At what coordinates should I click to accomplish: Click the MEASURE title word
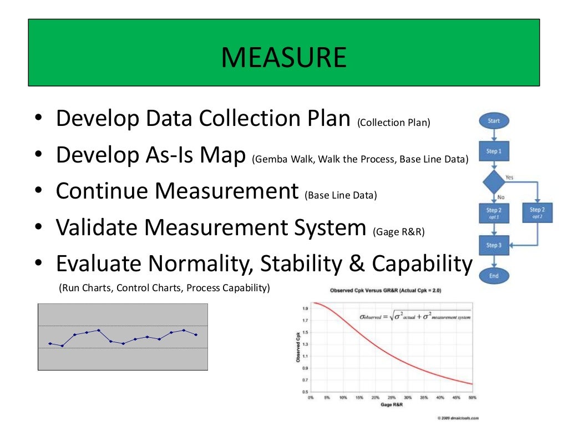pos(283,58)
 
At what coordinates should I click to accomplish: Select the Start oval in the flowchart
pos(493,120)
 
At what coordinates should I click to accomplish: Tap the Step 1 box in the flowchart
pos(493,151)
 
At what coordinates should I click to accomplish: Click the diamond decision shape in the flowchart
pos(493,181)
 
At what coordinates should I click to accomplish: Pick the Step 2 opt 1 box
pos(493,212)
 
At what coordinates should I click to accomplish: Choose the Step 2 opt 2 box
pos(536,212)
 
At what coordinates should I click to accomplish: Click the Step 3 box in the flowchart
pos(493,245)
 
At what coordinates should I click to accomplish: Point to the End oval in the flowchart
pos(493,276)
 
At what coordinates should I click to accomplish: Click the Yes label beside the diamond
pos(509,177)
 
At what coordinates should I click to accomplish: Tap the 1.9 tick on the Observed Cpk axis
pos(305,308)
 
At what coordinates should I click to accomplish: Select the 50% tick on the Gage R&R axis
pos(472,398)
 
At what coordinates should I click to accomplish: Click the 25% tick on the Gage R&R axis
pos(392,398)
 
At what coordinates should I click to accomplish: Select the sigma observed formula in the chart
pos(415,317)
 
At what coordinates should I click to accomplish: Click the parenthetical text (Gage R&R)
pos(399,232)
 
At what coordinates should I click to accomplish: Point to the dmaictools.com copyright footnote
pos(458,418)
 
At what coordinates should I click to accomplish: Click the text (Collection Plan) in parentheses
pos(393,123)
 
